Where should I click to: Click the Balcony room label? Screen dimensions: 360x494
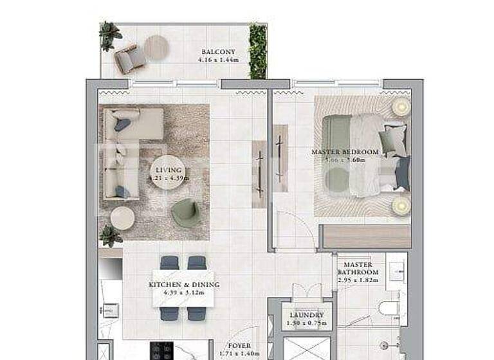tap(218, 52)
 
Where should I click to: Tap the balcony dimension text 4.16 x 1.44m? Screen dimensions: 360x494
tap(218, 60)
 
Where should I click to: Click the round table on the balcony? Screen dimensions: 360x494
tap(156, 46)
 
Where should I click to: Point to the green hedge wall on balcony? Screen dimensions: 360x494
tap(258, 51)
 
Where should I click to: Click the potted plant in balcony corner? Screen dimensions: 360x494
tap(109, 35)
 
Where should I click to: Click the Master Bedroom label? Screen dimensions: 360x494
tap(345, 152)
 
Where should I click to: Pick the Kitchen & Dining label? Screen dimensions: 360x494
tap(184, 285)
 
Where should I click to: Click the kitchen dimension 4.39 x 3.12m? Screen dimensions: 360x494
tap(184, 293)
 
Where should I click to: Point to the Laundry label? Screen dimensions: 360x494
tap(306, 316)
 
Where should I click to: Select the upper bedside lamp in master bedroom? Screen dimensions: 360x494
tap(401, 107)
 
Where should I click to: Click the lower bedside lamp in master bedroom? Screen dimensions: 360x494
tap(401, 205)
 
